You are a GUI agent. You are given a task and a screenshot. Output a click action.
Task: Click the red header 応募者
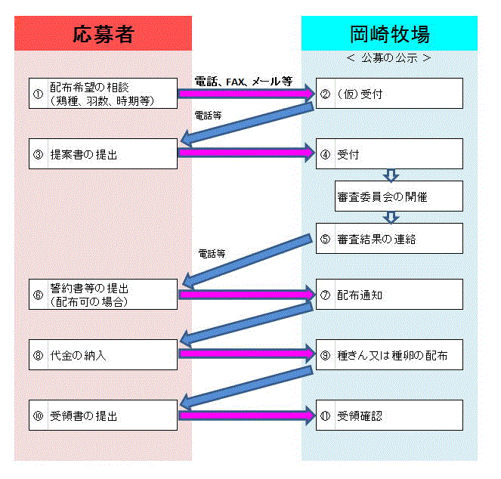pyautogui.click(x=103, y=33)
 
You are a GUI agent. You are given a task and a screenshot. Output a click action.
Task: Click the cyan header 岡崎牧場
pyautogui.click(x=389, y=33)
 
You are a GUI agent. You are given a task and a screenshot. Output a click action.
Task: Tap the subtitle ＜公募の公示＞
pyautogui.click(x=389, y=57)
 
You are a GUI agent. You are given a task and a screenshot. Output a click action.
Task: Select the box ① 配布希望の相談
pyautogui.click(x=104, y=93)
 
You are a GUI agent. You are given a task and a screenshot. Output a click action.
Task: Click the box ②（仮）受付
pyautogui.click(x=389, y=93)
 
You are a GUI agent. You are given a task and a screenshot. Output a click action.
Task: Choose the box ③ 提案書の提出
pyautogui.click(x=104, y=153)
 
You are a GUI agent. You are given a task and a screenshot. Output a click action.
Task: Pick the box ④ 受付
pyautogui.click(x=389, y=153)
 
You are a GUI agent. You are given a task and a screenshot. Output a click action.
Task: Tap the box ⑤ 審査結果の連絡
pyautogui.click(x=389, y=238)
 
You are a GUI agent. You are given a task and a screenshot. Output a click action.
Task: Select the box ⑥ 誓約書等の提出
pyautogui.click(x=104, y=294)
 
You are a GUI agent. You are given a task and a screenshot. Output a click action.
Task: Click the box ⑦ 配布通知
pyautogui.click(x=389, y=294)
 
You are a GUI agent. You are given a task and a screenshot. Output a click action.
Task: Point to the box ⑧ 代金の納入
pyautogui.click(x=104, y=354)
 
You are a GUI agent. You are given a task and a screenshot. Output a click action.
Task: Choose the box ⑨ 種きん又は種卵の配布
pyautogui.click(x=389, y=354)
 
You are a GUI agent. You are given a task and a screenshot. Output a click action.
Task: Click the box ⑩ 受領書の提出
pyautogui.click(x=104, y=415)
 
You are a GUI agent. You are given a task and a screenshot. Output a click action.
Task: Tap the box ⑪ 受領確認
pyautogui.click(x=389, y=415)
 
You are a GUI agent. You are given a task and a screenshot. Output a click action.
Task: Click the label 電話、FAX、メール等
pyautogui.click(x=243, y=81)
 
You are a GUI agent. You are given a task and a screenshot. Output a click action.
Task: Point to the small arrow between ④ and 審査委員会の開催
pyautogui.click(x=391, y=175)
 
